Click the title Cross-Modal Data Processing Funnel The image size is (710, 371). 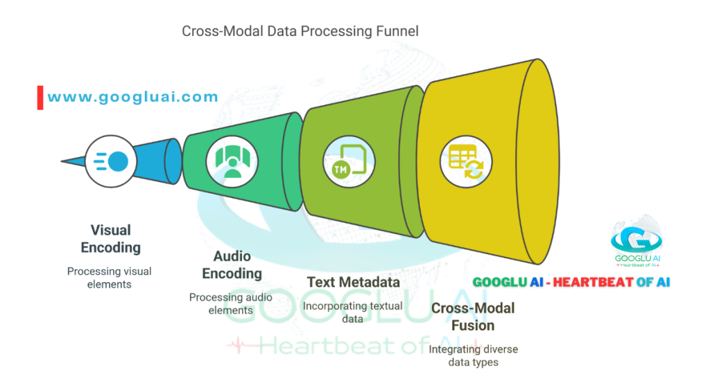pos(300,31)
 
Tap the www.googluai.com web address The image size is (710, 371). pos(132,98)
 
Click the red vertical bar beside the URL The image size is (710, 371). pos(40,98)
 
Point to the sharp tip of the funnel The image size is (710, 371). pos(64,162)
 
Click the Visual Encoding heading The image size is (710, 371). pos(110,239)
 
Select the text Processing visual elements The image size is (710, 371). pos(109,278)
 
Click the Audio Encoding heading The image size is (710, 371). pos(232,265)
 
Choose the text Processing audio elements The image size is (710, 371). pos(231,304)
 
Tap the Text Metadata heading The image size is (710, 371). pos(353,282)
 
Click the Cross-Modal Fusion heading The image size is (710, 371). pos(473,317)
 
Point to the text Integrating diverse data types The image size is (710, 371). pos(473,356)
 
